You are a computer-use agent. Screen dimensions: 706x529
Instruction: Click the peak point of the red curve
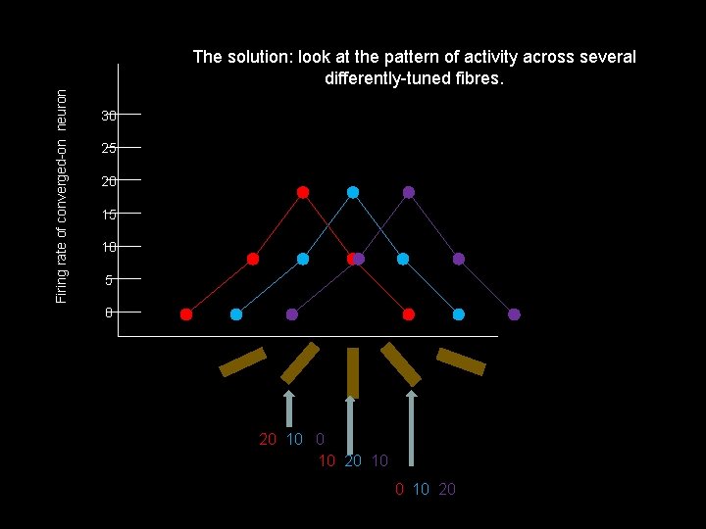click(x=303, y=192)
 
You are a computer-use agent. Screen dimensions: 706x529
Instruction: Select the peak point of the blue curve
click(x=353, y=192)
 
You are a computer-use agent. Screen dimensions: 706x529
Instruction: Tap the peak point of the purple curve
click(x=409, y=192)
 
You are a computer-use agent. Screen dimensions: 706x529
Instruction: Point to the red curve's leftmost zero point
click(x=186, y=314)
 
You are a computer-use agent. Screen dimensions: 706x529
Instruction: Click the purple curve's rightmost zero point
click(x=514, y=314)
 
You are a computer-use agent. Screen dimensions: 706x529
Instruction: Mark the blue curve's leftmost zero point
click(x=236, y=314)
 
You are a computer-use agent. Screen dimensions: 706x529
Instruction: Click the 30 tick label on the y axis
click(x=109, y=116)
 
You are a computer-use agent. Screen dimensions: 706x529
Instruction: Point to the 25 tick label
click(x=109, y=149)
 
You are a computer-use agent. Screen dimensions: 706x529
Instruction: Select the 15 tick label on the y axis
click(x=109, y=215)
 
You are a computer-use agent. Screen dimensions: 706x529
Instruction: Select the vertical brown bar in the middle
click(x=353, y=373)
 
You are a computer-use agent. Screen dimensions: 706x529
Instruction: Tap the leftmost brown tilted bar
click(x=242, y=361)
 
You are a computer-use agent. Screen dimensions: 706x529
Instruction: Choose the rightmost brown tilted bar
click(x=461, y=361)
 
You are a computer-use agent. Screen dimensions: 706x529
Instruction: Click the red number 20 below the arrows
click(x=268, y=439)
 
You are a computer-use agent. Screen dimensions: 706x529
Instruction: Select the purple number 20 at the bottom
click(x=447, y=489)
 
